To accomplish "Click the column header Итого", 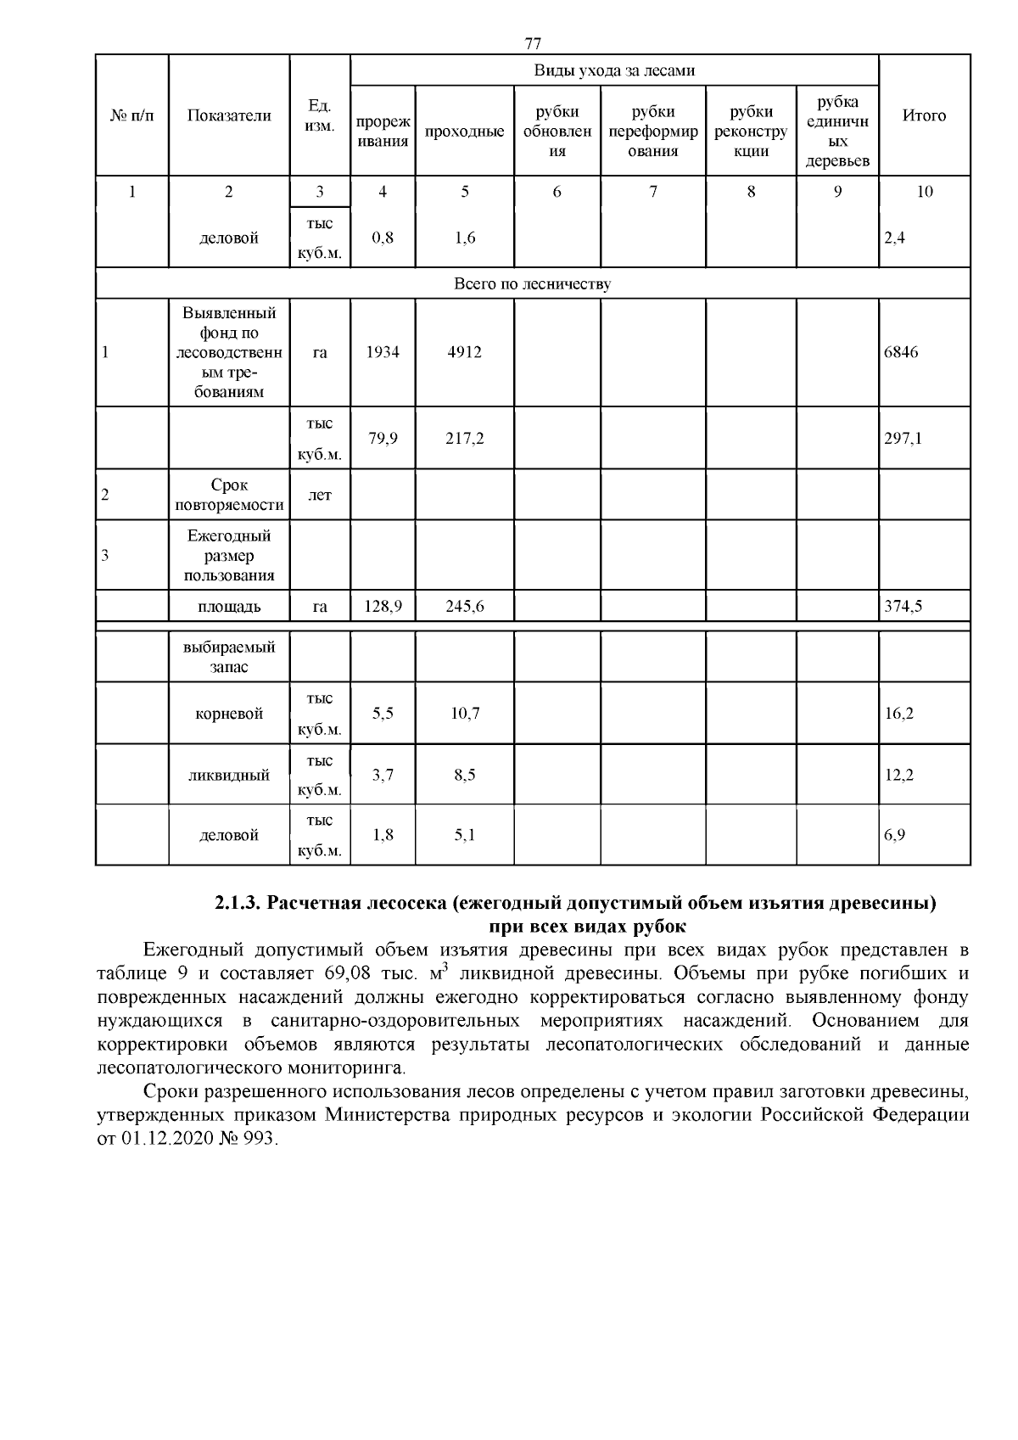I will click(x=924, y=116).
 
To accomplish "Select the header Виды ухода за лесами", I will click(x=614, y=70).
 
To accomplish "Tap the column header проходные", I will click(x=464, y=132).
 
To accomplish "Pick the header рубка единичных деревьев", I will click(x=837, y=132).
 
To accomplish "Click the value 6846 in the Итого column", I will click(x=901, y=352).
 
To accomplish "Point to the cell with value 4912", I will click(x=464, y=352).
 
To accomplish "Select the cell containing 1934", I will click(x=383, y=352).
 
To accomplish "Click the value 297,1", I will click(x=903, y=439).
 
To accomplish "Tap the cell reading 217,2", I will click(x=464, y=439).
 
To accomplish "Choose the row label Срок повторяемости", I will click(x=229, y=496).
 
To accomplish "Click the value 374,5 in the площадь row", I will click(x=903, y=607).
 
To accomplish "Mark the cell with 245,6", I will click(x=464, y=607).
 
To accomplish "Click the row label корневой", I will click(x=229, y=714).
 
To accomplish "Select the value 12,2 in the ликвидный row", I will click(x=899, y=775).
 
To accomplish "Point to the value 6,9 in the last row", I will click(x=895, y=835).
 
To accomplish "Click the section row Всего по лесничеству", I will click(x=532, y=284).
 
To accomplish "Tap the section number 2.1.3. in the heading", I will click(x=238, y=903).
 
